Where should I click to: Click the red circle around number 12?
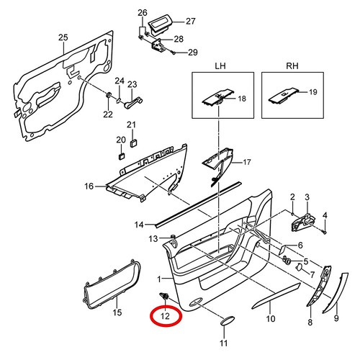pos(165,315)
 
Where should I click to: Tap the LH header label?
pos(220,66)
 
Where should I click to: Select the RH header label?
pos(290,66)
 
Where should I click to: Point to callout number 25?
pos(63,37)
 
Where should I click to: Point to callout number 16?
pos(89,186)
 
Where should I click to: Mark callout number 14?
pos(140,224)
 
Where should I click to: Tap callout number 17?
pos(246,162)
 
